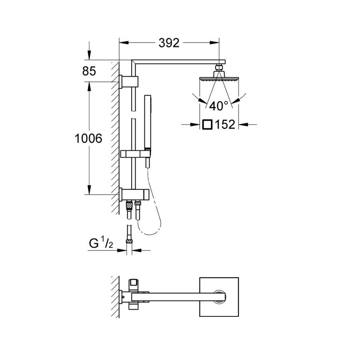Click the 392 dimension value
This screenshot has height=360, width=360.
[169, 43]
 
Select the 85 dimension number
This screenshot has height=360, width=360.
[89, 71]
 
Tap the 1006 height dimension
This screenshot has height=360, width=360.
[88, 138]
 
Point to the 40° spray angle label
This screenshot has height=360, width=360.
[219, 106]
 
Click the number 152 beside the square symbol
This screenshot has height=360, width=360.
[225, 124]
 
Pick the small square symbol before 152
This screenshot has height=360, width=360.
[207, 124]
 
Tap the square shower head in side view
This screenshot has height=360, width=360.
[219, 79]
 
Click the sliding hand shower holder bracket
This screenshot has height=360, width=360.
[136, 153]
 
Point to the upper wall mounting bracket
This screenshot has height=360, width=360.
[128, 82]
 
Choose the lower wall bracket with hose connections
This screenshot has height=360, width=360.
[134, 194]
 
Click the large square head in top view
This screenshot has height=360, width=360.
[219, 297]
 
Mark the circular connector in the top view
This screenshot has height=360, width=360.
[219, 297]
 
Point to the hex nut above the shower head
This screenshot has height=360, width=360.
[219, 68]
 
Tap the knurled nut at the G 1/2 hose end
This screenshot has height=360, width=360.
[129, 241]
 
